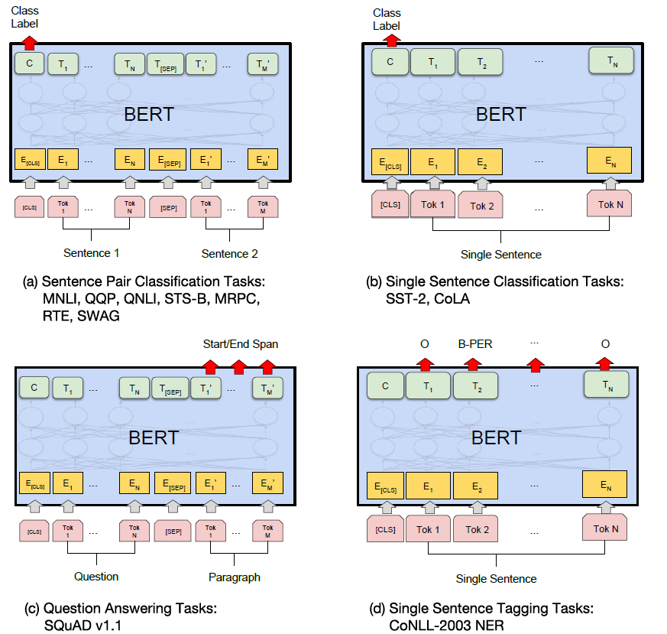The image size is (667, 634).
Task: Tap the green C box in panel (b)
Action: (390, 62)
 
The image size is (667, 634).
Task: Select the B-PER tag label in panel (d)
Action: (474, 344)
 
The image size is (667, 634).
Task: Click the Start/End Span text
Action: (240, 344)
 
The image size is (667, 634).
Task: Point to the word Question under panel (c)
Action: (96, 576)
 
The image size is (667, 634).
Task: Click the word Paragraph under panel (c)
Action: (235, 577)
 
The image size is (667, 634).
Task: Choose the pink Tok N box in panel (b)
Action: (610, 204)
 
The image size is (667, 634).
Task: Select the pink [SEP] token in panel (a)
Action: (167, 207)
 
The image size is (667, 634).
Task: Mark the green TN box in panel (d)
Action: (605, 385)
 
